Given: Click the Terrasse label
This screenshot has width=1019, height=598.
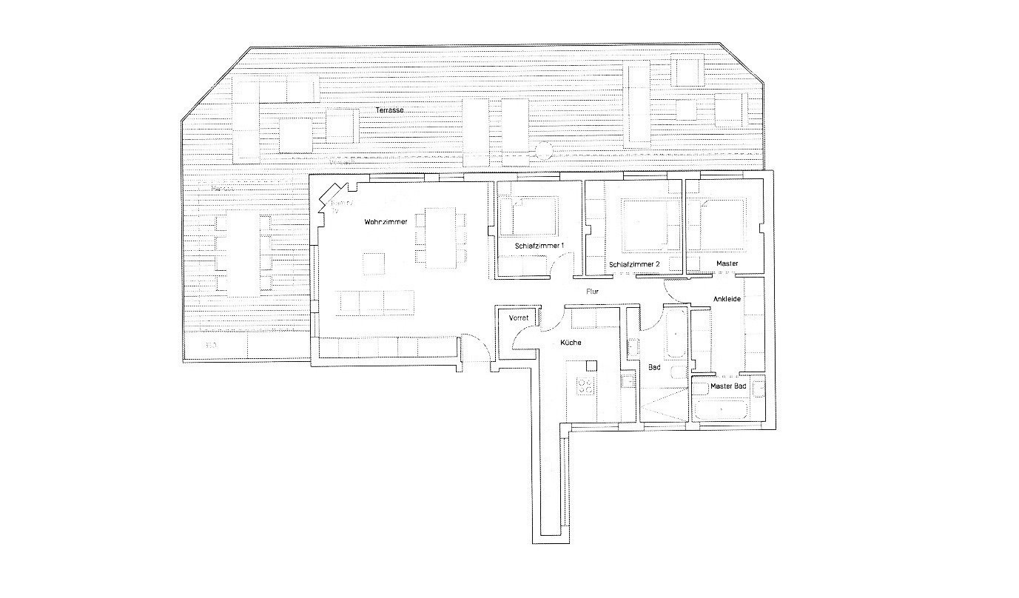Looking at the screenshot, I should coord(389,110).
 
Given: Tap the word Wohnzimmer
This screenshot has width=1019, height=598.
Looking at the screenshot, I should coord(386,222).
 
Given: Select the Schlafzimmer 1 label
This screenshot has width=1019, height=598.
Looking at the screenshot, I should coord(539,246).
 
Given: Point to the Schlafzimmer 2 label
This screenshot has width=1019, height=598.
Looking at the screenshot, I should coord(634,264).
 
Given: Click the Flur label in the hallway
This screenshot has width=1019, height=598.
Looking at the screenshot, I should coord(592,292).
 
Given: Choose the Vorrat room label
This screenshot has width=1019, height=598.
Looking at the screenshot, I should coord(518,318).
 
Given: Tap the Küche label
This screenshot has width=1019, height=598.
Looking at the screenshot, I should coord(571,343).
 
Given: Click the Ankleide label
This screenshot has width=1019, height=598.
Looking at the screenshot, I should coord(727,299).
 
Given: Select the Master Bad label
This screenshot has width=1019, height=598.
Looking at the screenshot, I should coord(728,387).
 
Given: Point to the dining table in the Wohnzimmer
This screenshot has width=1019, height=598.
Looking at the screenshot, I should coord(441,238).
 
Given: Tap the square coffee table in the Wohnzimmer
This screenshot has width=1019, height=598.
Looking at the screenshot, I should coord(373,264).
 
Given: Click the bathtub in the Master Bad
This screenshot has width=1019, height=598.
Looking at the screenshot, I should coord(722,409).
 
